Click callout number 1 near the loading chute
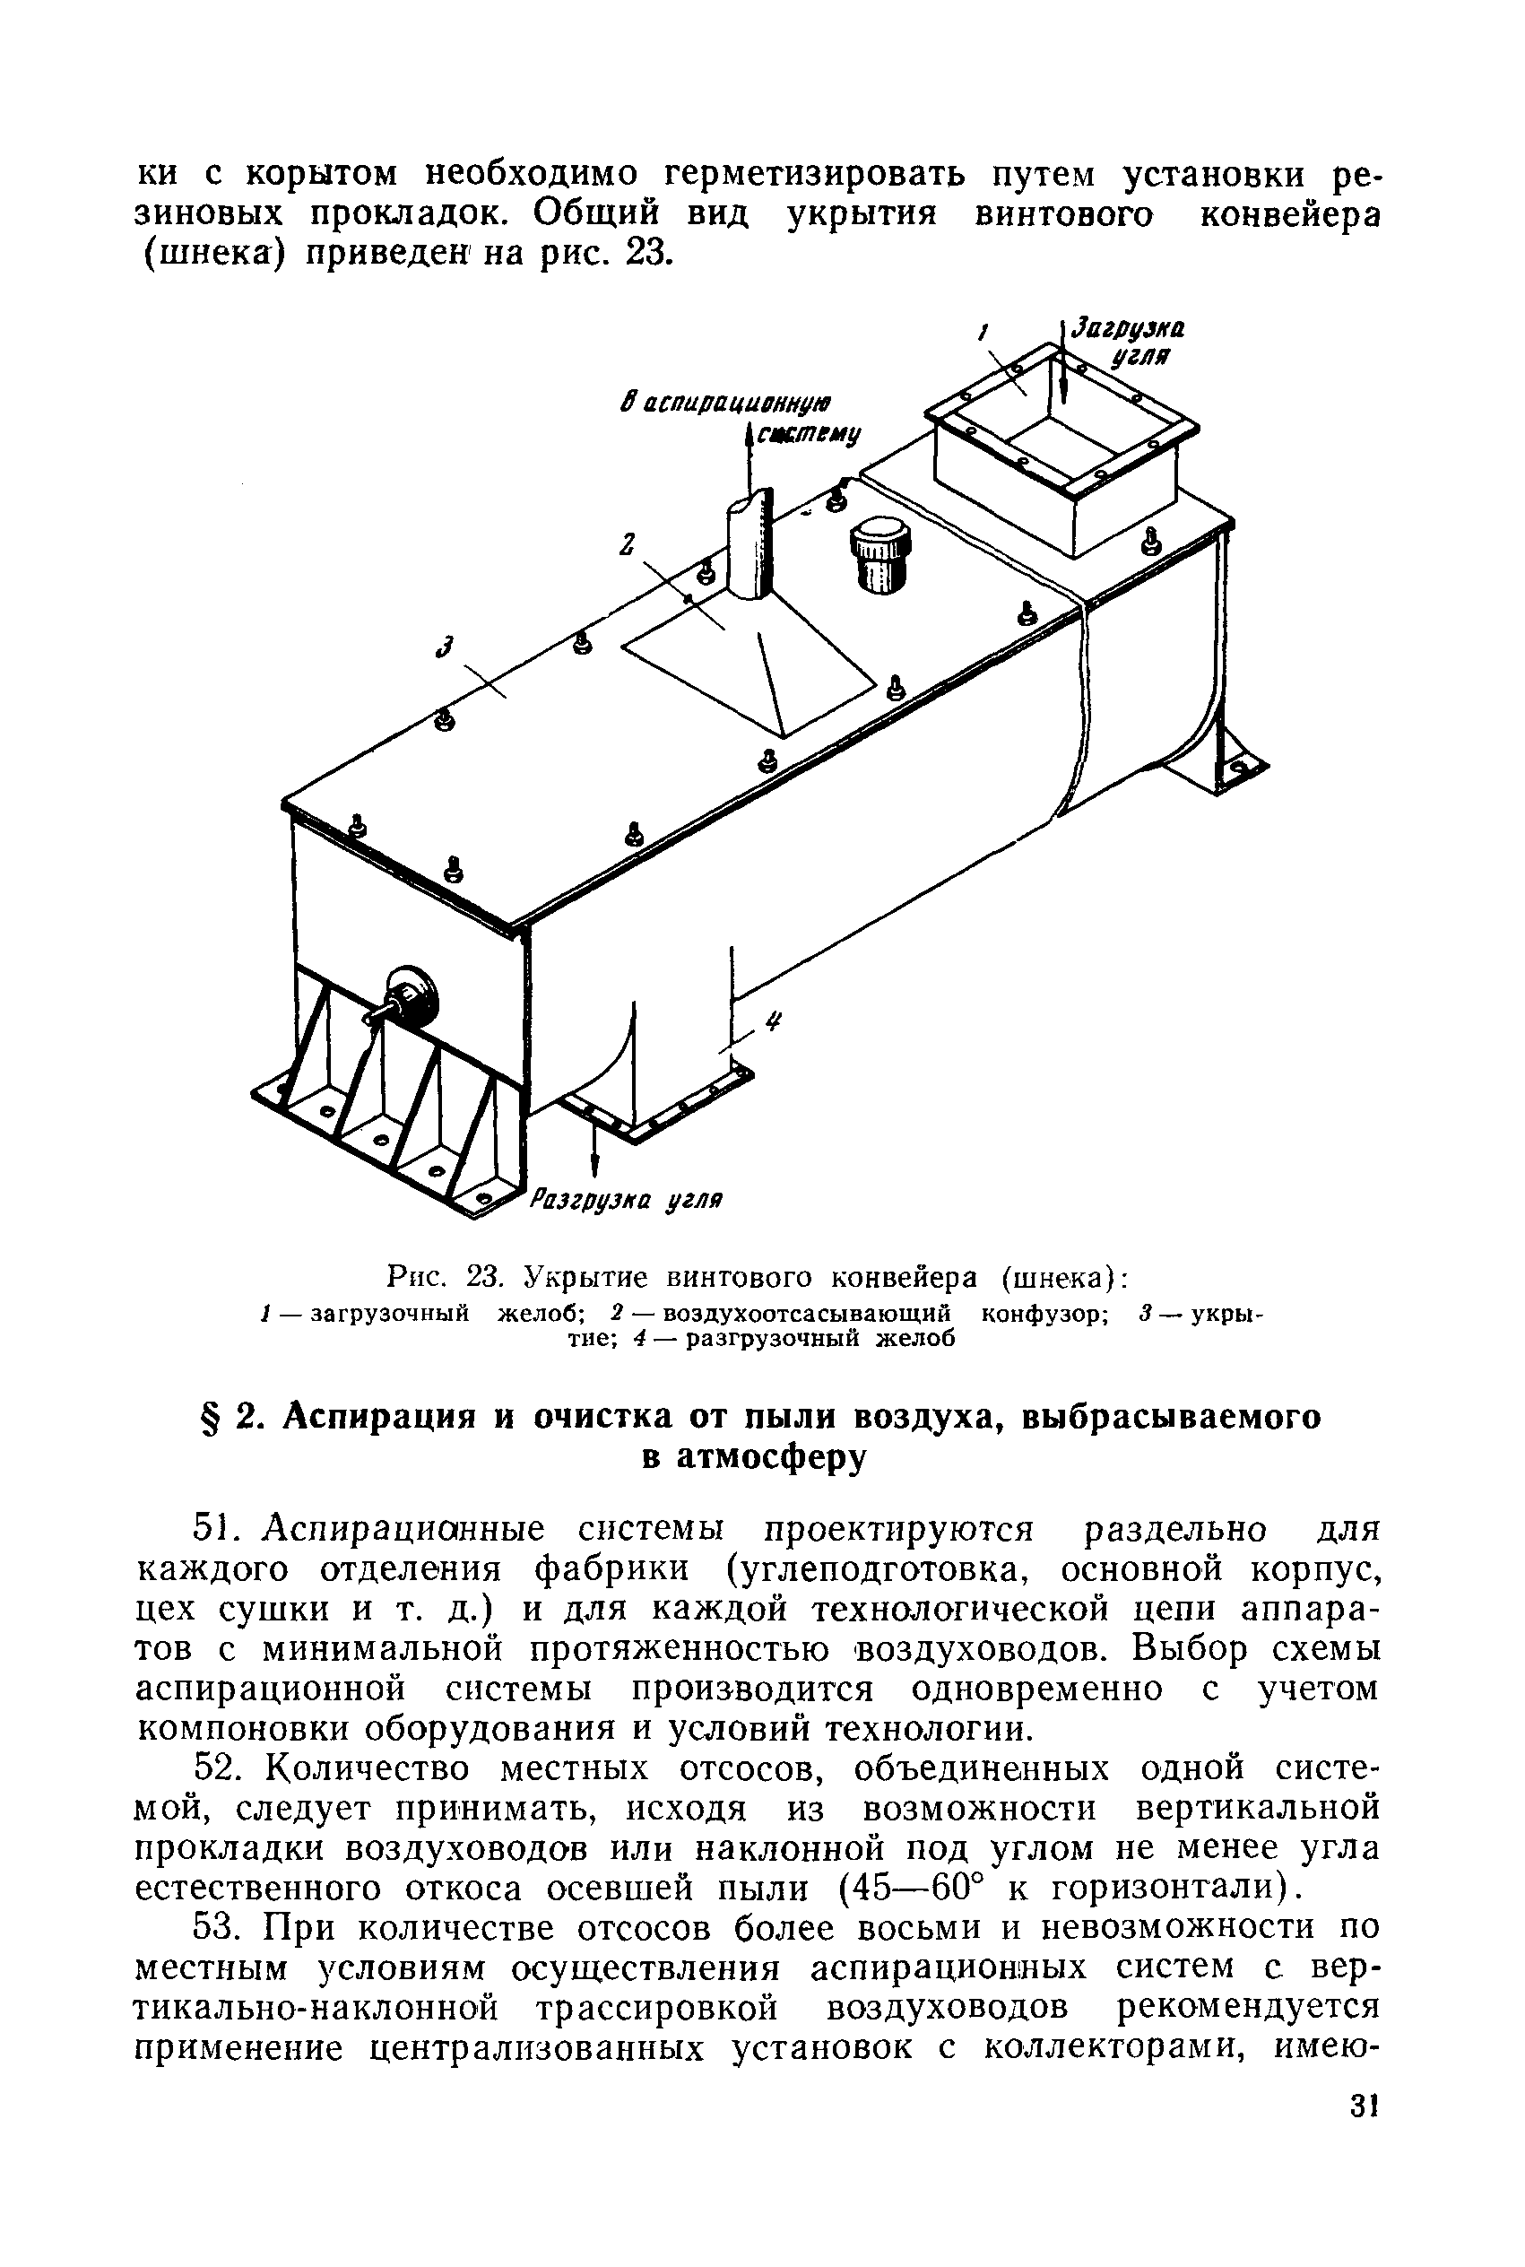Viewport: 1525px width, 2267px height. click(983, 334)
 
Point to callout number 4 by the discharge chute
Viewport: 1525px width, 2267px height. click(773, 1021)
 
